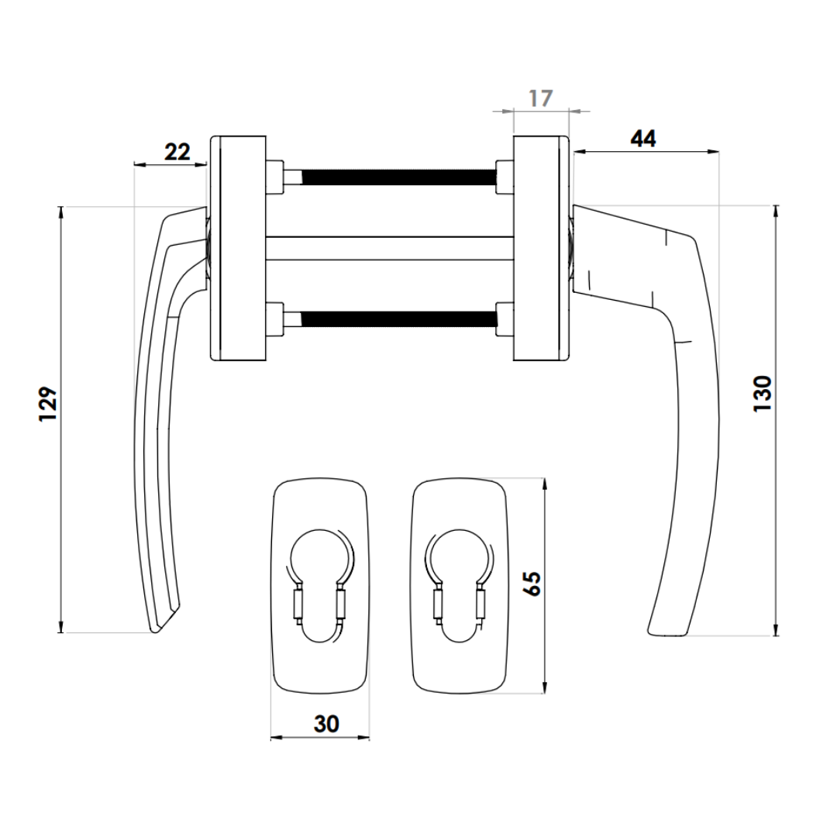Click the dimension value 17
pos(540,98)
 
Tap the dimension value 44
pos(643,139)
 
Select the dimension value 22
pos(177,152)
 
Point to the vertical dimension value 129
pos(48,404)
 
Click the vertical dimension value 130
pos(763,394)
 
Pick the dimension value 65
pos(532,584)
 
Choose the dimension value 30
pos(326,724)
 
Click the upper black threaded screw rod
pos(399,177)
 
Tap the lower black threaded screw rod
pos(399,319)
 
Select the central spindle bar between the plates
pos(390,248)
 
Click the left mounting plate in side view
pos(238,248)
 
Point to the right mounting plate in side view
pos(541,248)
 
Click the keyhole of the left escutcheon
pos(320,586)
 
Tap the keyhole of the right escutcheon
pos(459,586)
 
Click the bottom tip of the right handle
pos(667,635)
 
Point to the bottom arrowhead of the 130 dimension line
pos(776,630)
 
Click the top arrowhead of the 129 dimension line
pos(61,212)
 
